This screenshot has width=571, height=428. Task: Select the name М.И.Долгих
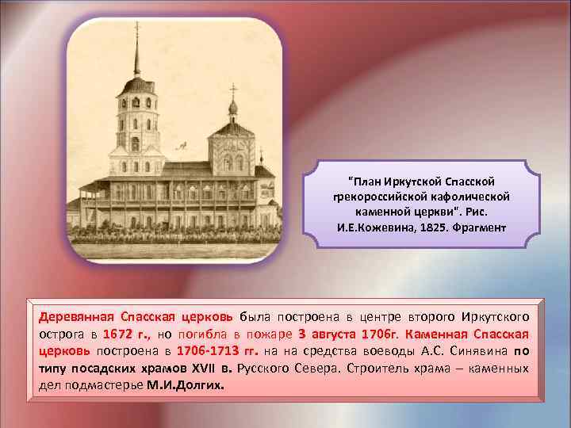click(x=186, y=385)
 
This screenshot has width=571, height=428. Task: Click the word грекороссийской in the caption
click(x=381, y=197)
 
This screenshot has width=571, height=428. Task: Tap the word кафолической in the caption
click(x=468, y=197)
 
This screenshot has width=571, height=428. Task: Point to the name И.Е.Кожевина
click(x=379, y=228)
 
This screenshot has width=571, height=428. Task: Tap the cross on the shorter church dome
click(x=232, y=89)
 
